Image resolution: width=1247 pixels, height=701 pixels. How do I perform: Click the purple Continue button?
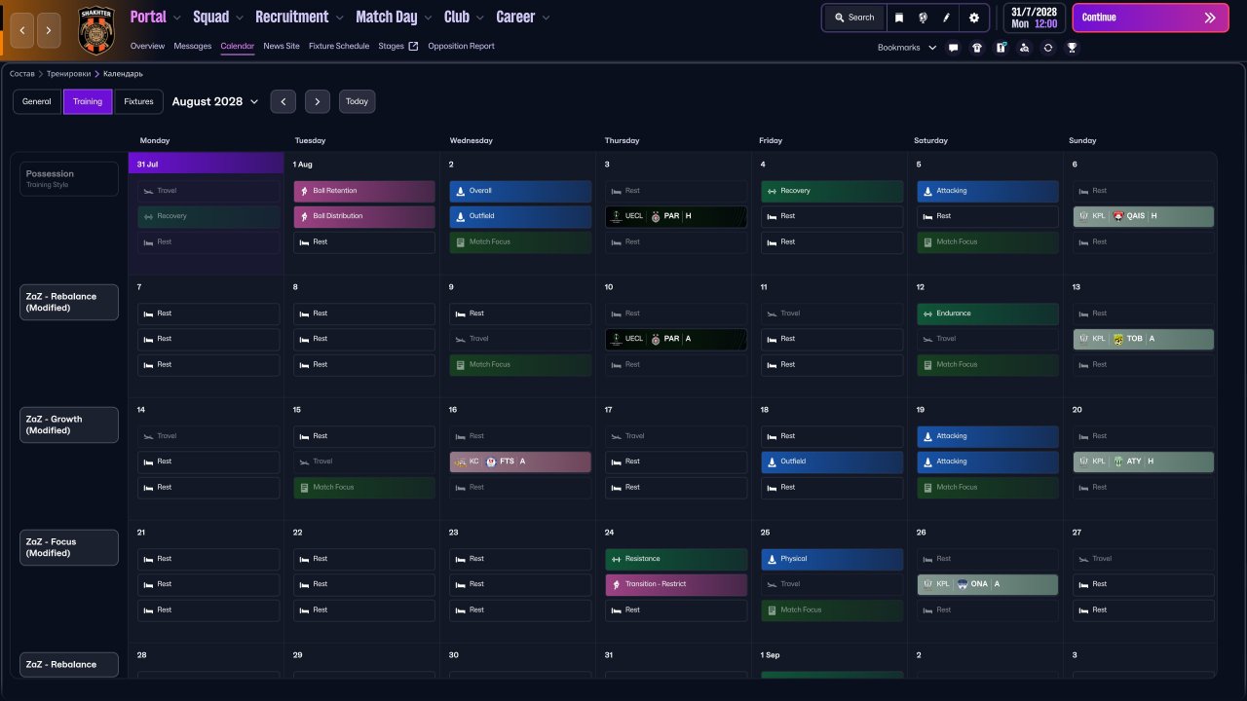pos(1150,18)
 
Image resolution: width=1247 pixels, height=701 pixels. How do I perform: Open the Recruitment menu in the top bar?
pos(299,18)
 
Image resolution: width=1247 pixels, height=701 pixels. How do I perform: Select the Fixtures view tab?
pos(138,101)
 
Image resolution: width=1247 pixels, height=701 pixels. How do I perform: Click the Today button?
pos(357,101)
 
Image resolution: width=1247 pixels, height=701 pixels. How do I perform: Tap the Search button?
pos(853,18)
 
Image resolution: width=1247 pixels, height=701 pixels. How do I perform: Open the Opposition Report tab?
pos(461,46)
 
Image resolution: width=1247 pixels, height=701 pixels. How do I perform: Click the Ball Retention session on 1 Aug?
pos(364,191)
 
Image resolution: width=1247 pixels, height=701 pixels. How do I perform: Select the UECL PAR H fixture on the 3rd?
pos(675,216)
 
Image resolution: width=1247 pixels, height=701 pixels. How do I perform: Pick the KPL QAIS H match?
pos(1144,216)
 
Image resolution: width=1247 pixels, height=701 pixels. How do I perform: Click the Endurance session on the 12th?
pos(987,314)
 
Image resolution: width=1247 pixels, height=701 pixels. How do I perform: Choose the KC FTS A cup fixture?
pos(520,461)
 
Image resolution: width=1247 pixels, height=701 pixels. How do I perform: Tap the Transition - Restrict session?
pos(676,584)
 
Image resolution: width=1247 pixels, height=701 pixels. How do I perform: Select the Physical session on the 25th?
pos(832,559)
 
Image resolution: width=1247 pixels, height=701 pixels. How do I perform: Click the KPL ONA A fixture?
pos(987,584)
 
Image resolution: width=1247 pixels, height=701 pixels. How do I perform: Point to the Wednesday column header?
pos(470,140)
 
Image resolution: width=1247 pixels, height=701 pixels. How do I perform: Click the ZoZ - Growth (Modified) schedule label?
pos(69,424)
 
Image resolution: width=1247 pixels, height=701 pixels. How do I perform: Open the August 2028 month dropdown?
pos(215,101)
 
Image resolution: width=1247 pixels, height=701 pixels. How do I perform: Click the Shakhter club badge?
pos(96,29)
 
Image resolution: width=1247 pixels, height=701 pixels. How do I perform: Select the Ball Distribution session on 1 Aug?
pos(364,216)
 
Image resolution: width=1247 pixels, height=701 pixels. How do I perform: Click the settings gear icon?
pos(973,18)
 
